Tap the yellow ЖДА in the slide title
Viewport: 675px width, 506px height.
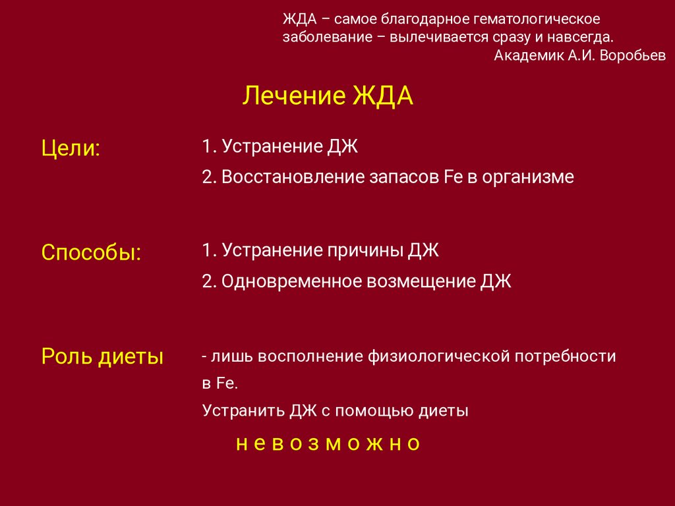(383, 96)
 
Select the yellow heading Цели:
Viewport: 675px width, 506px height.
(71, 148)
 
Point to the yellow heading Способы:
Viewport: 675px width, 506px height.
(91, 252)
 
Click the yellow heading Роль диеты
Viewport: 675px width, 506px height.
(102, 356)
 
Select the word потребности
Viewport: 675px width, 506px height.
(565, 356)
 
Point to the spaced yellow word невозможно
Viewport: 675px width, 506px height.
(328, 443)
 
